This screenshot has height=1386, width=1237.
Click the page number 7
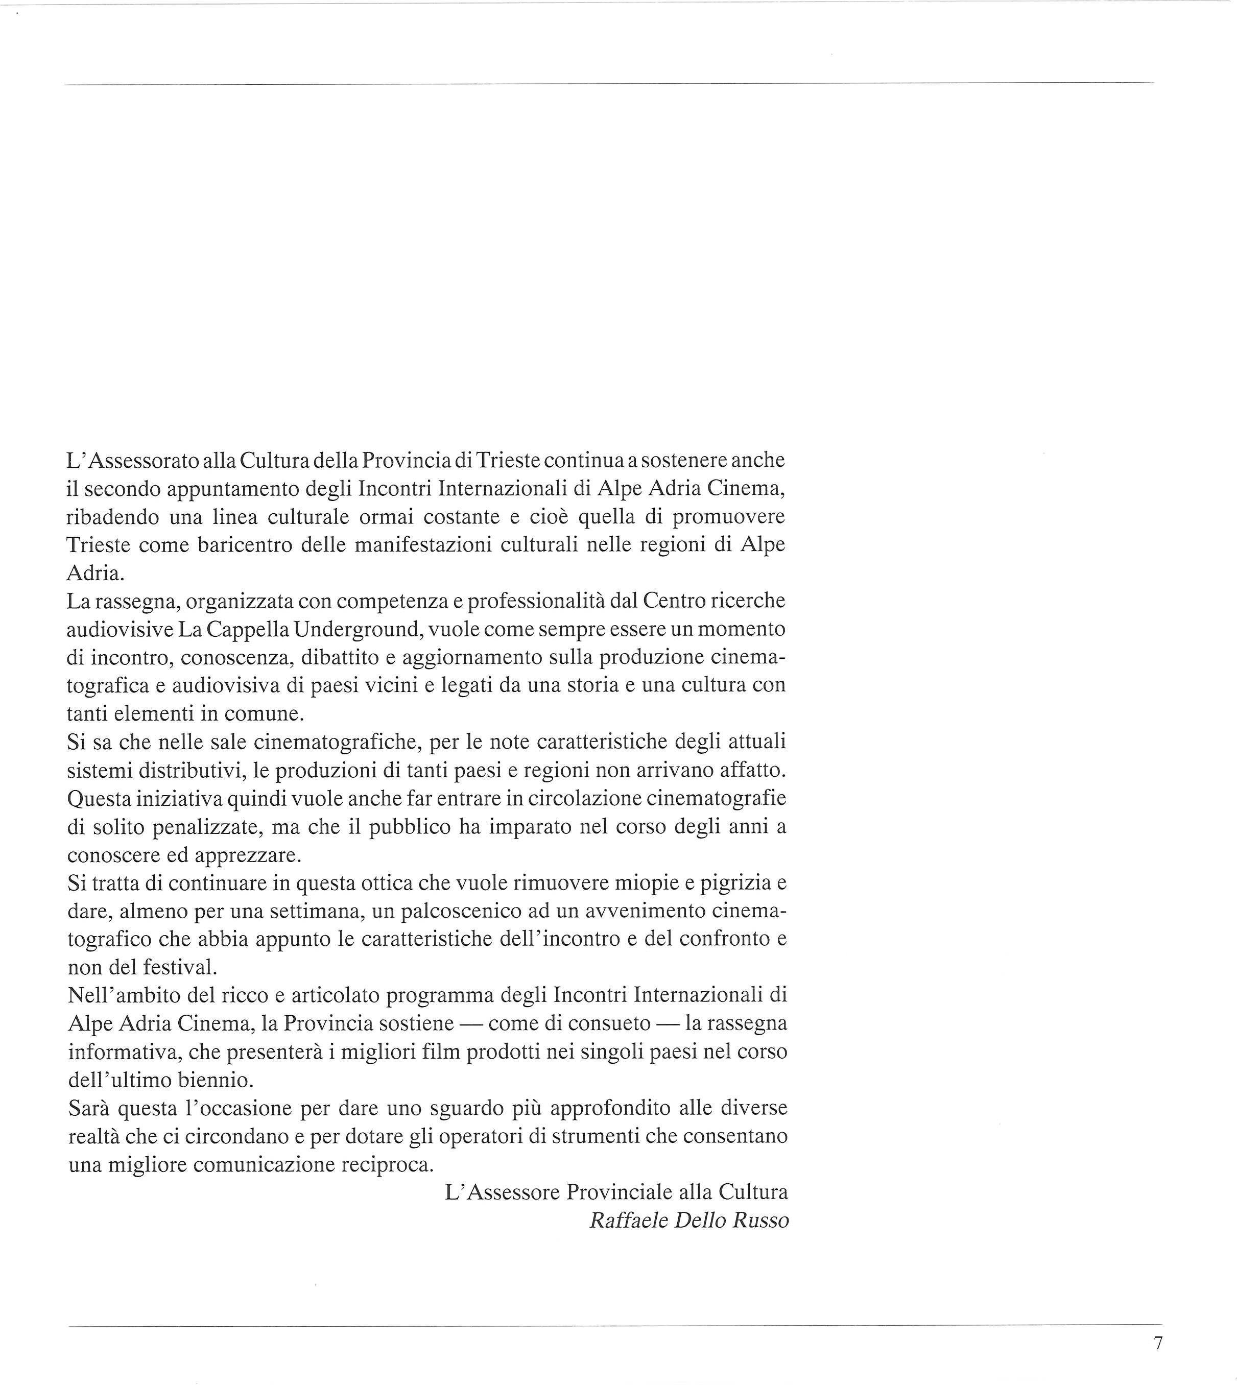pos(1158,1343)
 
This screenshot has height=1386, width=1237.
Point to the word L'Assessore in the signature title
pos(502,1193)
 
